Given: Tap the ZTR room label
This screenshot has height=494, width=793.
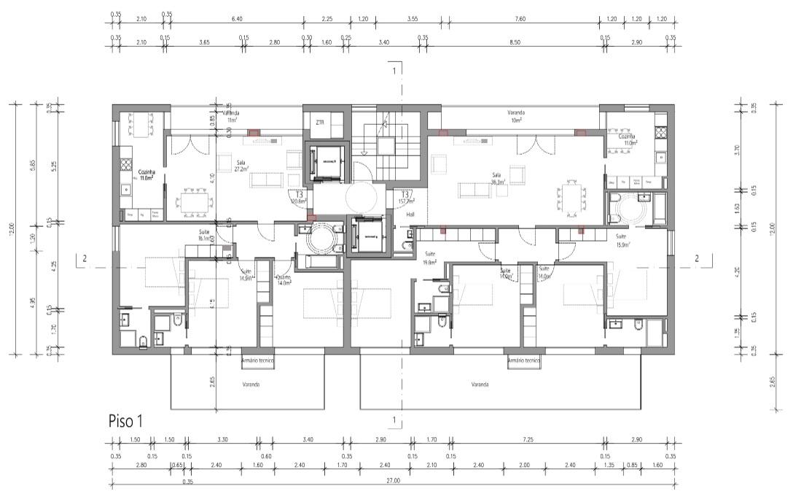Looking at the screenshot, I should point(319,122).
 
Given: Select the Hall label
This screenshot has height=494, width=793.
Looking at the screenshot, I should point(410,215).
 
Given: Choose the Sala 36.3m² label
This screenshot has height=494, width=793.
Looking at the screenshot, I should point(499,179).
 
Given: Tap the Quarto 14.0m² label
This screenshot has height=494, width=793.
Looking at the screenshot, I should point(283,280).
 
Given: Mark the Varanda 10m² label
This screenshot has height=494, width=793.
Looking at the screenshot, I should point(517,117).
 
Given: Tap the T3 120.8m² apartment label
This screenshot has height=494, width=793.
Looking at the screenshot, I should point(297,197).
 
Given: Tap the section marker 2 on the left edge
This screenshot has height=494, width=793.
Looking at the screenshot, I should point(85,258).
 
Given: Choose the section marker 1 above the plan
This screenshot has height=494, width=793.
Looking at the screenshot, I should point(394,71).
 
